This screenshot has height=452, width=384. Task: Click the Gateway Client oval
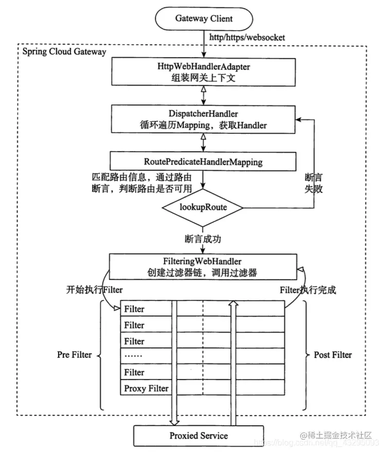(x=203, y=19)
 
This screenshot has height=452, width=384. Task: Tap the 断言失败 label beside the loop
(x=314, y=183)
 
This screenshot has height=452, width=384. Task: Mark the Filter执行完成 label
(x=308, y=290)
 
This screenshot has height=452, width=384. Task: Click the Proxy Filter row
(x=146, y=388)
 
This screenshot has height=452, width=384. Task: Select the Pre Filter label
(x=74, y=354)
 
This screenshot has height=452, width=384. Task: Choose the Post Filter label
(x=333, y=354)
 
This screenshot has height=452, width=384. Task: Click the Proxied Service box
(x=199, y=436)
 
